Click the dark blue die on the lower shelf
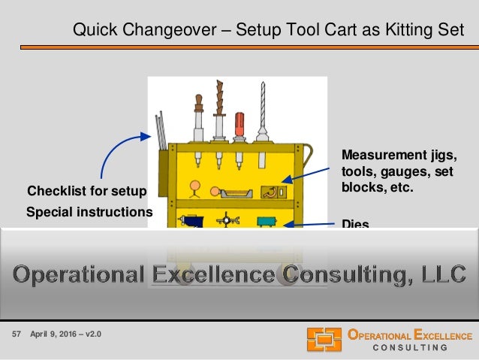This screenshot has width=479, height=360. click(193, 222)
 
